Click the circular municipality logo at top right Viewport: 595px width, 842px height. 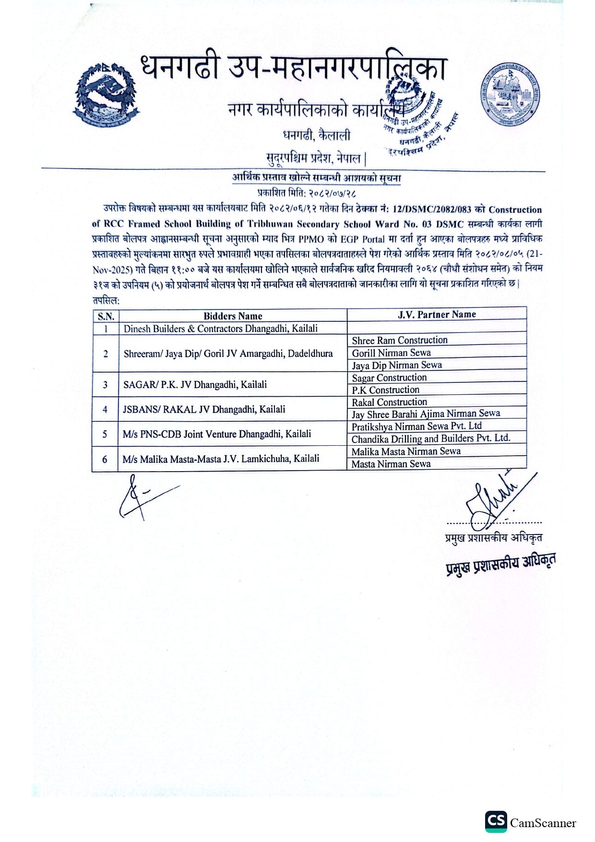point(509,95)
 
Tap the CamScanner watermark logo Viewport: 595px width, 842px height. point(530,822)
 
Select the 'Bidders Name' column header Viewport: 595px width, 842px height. point(233,316)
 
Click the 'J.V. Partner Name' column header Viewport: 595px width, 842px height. point(437,314)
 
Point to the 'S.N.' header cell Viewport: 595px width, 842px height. point(106,316)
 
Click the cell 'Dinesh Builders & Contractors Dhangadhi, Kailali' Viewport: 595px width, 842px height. point(221,329)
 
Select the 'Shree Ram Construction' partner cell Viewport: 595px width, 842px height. point(399,340)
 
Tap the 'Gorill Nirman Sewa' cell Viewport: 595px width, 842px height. point(391,353)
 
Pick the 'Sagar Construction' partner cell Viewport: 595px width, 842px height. point(389,378)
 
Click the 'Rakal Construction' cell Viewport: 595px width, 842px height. point(389,402)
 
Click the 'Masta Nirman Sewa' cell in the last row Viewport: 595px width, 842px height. point(391,464)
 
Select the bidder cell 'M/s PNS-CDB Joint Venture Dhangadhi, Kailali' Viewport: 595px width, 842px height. point(216,434)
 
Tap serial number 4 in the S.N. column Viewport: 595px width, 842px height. point(105,410)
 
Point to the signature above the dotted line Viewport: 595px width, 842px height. point(494,499)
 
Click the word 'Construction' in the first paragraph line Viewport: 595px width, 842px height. point(515,210)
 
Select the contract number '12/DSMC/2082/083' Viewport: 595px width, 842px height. point(431,210)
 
